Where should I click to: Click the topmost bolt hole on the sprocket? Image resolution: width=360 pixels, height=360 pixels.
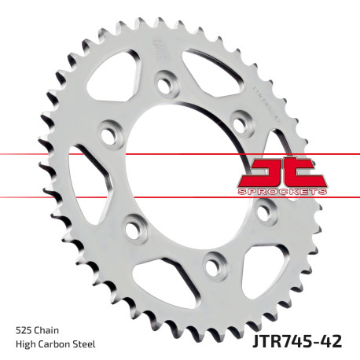pyautogui.click(x=164, y=80)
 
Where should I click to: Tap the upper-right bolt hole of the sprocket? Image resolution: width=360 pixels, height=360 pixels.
pyautogui.click(x=240, y=119)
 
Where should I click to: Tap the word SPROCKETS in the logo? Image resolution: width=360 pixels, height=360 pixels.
pyautogui.click(x=277, y=190)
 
